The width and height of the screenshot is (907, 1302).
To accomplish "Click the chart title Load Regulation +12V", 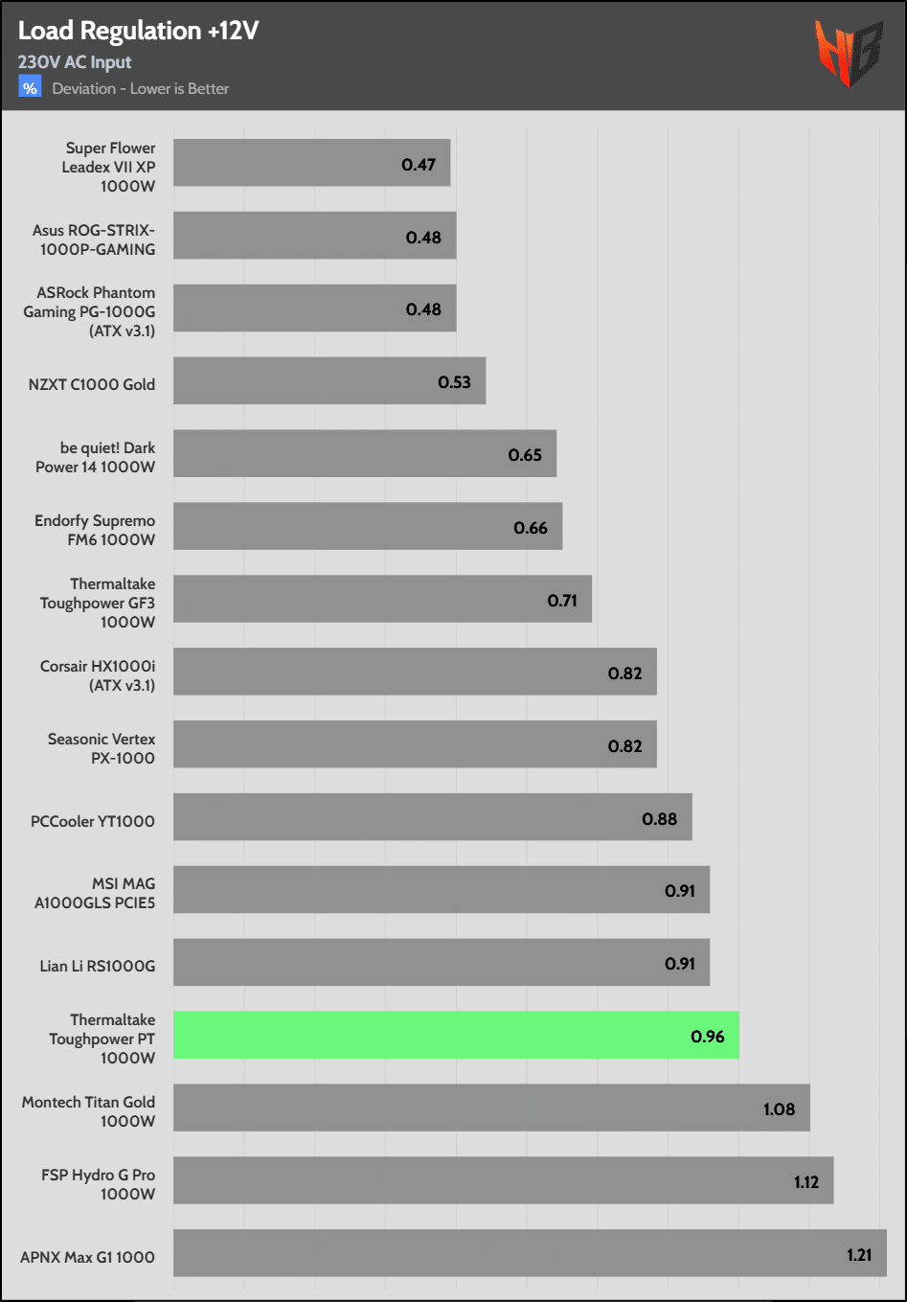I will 138,31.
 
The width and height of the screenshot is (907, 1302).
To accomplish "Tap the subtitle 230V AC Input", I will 75,62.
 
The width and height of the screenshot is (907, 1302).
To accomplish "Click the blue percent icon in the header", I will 30,88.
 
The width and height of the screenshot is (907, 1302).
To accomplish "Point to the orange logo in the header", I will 848,52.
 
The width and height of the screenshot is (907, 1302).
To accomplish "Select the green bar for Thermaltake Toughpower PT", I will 456,1035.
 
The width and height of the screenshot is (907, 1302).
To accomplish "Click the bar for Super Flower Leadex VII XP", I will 311,163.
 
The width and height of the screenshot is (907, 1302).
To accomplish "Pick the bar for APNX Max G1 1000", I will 530,1253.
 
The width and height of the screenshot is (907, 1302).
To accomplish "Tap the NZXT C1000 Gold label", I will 92,384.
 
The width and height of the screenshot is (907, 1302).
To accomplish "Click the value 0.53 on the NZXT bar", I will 454,382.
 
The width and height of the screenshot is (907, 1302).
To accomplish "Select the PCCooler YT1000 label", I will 93,821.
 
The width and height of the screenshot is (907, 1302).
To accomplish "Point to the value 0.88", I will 659,819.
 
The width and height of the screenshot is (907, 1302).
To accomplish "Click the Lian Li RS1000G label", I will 97,966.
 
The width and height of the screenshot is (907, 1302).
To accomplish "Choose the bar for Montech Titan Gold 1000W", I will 491,1108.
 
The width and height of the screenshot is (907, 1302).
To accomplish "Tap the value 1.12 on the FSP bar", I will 805,1182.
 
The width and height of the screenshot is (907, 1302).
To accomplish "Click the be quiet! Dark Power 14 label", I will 96,457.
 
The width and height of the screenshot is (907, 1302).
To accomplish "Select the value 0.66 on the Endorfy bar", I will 530,528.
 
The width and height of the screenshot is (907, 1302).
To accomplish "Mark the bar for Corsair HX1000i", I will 415,672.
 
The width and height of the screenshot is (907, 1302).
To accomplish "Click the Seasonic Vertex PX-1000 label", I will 102,748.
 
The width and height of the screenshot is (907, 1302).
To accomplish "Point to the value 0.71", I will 562,601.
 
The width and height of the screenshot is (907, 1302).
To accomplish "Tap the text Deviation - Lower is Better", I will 141,89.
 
